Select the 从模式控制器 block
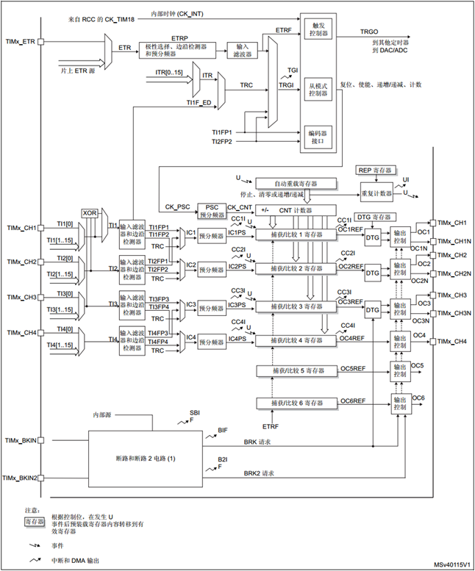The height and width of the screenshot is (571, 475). click(317, 89)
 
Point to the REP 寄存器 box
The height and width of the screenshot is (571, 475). click(375, 170)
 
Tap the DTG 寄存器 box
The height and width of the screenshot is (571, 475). click(374, 218)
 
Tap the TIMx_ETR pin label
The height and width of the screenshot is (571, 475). click(21, 42)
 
